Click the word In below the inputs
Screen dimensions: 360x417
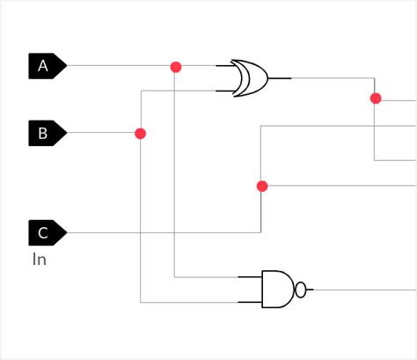point(40,259)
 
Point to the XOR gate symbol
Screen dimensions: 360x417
point(250,77)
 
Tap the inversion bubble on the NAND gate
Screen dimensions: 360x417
point(301,289)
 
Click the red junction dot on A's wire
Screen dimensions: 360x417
point(175,66)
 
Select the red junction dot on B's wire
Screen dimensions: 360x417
point(140,134)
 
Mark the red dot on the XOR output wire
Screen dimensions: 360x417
point(375,98)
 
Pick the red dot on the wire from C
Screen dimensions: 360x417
point(261,186)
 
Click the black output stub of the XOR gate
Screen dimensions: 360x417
point(280,77)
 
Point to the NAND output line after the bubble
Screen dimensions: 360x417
point(361,289)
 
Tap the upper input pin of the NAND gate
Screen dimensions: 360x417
point(250,276)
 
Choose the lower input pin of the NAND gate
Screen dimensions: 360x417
point(250,301)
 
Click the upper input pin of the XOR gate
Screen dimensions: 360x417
point(223,66)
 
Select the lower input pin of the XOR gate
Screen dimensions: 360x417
point(223,89)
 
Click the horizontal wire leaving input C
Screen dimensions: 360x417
point(158,232)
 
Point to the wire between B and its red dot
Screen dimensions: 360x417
point(101,134)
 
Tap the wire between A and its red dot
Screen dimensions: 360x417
point(119,66)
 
